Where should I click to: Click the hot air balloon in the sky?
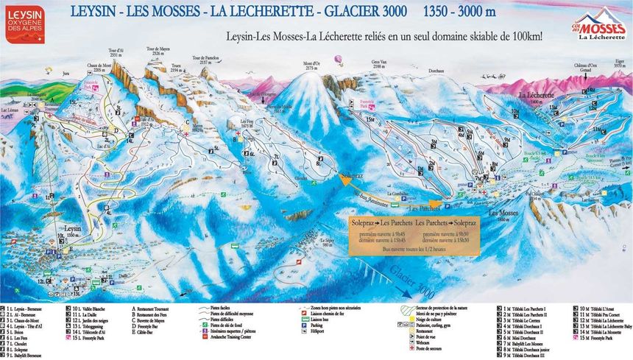coord(338,59)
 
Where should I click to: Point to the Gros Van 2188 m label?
coord(379,65)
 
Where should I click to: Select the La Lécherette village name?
coord(536,96)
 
